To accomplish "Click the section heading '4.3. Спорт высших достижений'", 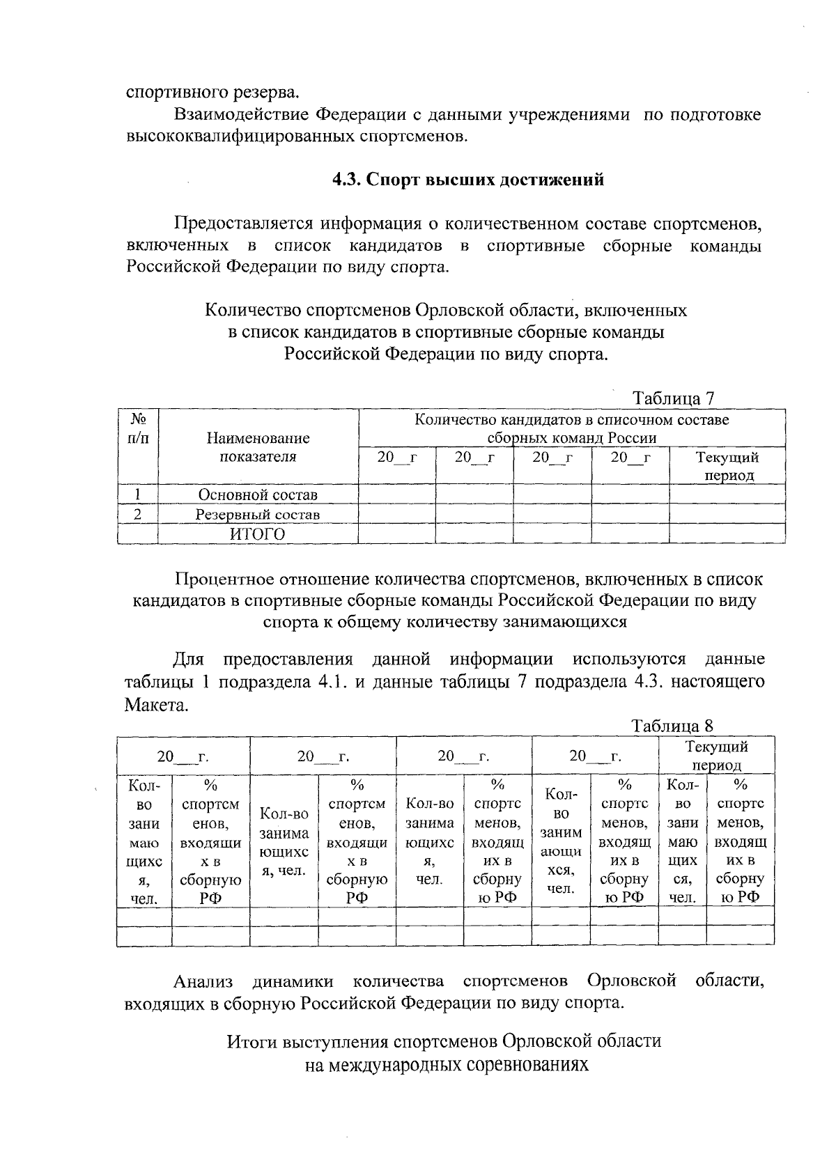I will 467,180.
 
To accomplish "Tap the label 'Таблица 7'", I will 673,398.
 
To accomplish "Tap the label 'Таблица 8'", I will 672,726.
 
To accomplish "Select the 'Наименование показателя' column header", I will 258,447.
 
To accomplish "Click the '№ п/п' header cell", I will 138,428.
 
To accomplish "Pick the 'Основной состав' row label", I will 258,495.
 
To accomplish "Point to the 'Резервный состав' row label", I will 258,515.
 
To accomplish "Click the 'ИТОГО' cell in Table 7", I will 258,534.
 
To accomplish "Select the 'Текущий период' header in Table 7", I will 727,466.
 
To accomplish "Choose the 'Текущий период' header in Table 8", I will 716,755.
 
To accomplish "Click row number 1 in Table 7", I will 138,495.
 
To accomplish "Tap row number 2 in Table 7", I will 138,515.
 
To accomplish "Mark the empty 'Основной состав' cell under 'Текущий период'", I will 727,495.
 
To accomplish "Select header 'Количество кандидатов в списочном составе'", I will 571,420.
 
